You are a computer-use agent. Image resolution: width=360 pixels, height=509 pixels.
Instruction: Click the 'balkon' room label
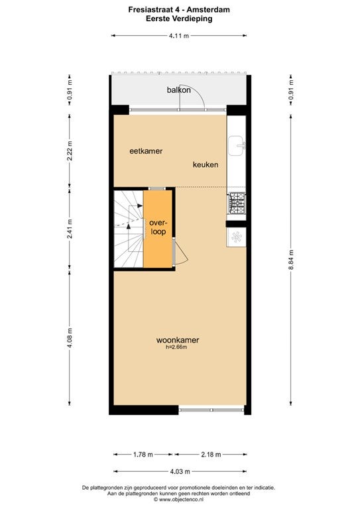point(178,90)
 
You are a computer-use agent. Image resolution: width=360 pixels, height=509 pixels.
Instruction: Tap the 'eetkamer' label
point(146,151)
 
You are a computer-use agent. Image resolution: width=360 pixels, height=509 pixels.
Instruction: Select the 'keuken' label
point(206,164)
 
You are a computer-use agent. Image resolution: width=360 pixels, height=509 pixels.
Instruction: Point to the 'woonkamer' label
point(178,340)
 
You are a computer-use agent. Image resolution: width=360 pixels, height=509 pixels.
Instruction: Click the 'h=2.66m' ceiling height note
point(176,347)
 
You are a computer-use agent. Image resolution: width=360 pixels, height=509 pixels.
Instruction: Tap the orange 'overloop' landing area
point(158,229)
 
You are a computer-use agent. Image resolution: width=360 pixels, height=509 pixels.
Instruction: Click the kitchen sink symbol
point(237,146)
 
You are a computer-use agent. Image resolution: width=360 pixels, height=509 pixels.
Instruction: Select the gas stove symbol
point(237,203)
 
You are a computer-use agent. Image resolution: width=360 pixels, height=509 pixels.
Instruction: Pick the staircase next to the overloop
point(129,229)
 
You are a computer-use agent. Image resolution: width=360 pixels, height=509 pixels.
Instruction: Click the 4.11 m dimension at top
point(179,36)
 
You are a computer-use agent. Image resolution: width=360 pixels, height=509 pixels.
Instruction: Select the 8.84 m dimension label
point(291,260)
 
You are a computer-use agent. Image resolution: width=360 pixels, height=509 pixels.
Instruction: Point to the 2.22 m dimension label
point(70,151)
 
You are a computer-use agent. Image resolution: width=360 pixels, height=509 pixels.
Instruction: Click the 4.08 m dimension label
point(70,338)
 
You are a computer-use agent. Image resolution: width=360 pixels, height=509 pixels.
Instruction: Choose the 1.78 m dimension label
point(143,455)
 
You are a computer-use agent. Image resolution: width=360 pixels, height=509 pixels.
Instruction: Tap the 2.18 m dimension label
point(211,455)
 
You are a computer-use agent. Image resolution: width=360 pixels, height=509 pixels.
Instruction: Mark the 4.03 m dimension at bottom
point(180,471)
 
